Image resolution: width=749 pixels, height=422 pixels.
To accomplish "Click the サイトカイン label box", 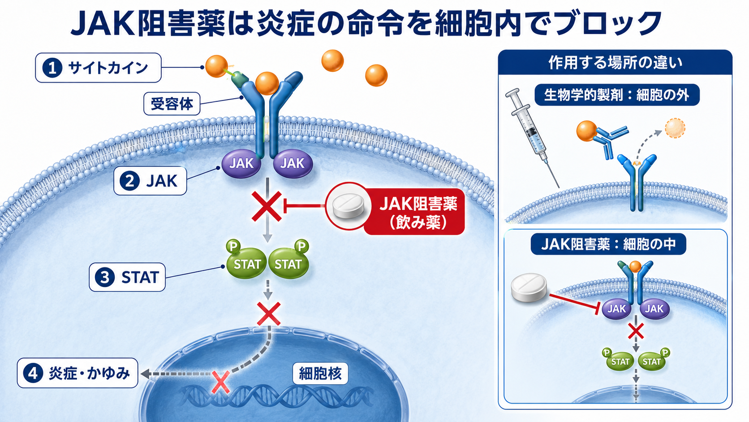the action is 98,68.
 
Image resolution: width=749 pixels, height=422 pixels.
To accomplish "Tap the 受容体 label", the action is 172,104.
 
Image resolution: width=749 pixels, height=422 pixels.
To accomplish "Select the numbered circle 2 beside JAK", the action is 129,181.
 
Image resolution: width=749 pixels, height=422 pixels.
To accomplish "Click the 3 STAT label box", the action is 127,277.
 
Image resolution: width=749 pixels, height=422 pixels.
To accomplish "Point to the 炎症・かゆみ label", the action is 77,373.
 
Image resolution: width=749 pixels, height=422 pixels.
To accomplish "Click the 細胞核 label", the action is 320,374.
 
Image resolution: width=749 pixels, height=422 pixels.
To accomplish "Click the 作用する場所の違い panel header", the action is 615,63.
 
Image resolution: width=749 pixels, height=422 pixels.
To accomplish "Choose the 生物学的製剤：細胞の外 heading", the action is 617,95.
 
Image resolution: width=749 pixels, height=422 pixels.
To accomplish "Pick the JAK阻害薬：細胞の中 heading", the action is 608,244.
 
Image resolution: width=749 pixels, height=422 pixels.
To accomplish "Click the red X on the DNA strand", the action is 221,382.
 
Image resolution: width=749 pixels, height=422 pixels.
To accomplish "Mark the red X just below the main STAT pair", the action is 268,313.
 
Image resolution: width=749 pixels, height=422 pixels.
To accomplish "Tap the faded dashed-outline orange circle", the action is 675,128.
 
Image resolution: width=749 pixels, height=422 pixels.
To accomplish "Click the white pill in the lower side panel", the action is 529,287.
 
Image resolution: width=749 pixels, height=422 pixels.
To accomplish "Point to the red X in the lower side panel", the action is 636,332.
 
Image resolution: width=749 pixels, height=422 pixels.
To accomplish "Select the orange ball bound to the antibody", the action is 587,131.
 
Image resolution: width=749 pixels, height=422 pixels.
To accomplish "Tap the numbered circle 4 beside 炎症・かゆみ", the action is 33,373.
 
